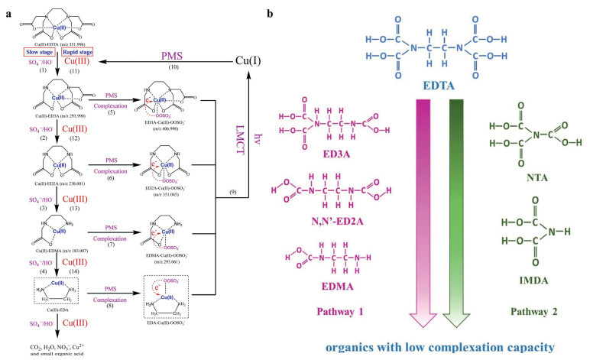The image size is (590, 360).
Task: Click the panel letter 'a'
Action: pos(6,13)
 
